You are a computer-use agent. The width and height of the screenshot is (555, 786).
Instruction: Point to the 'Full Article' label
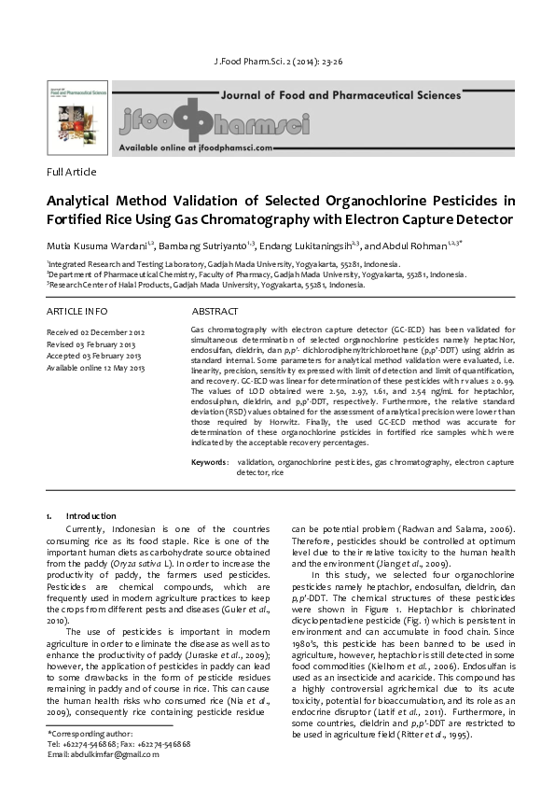click(71, 172)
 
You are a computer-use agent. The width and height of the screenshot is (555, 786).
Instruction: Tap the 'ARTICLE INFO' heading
click(76, 311)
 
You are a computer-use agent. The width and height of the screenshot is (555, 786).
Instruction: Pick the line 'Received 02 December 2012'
click(96, 332)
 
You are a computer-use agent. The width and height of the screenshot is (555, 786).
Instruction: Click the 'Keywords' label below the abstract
click(209, 462)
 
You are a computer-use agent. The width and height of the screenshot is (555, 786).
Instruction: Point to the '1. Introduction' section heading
click(81, 516)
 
